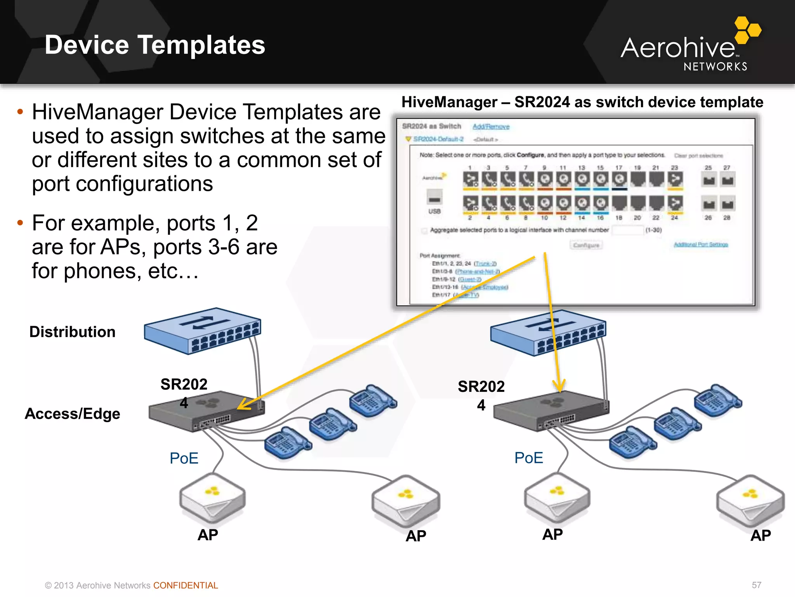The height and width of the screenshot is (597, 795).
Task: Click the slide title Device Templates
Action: tap(154, 45)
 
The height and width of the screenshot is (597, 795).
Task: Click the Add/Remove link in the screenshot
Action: tap(491, 127)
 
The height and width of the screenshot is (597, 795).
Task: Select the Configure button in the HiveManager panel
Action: tap(586, 245)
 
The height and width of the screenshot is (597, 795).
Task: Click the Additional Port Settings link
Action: tap(701, 244)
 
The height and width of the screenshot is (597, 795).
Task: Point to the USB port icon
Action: tap(434, 197)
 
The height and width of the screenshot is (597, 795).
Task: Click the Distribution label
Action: tap(73, 332)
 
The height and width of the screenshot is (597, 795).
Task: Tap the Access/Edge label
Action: tap(73, 414)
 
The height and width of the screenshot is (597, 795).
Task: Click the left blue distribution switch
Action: tap(202, 330)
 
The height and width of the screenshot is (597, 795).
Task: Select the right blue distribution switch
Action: tap(547, 333)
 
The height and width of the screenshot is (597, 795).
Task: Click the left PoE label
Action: tap(184, 458)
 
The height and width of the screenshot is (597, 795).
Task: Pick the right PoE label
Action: tap(529, 458)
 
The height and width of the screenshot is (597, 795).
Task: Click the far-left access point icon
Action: tap(212, 497)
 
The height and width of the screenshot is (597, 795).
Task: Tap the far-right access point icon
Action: tap(750, 499)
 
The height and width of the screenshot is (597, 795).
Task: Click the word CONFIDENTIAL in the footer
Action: tap(186, 585)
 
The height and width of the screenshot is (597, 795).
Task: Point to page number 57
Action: tap(757, 585)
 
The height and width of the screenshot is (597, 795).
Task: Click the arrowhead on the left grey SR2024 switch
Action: tap(242, 405)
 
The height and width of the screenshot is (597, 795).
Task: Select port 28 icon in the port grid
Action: tap(727, 204)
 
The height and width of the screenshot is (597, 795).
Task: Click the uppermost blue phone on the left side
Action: tap(373, 401)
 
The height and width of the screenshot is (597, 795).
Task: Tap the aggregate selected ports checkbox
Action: tap(424, 230)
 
